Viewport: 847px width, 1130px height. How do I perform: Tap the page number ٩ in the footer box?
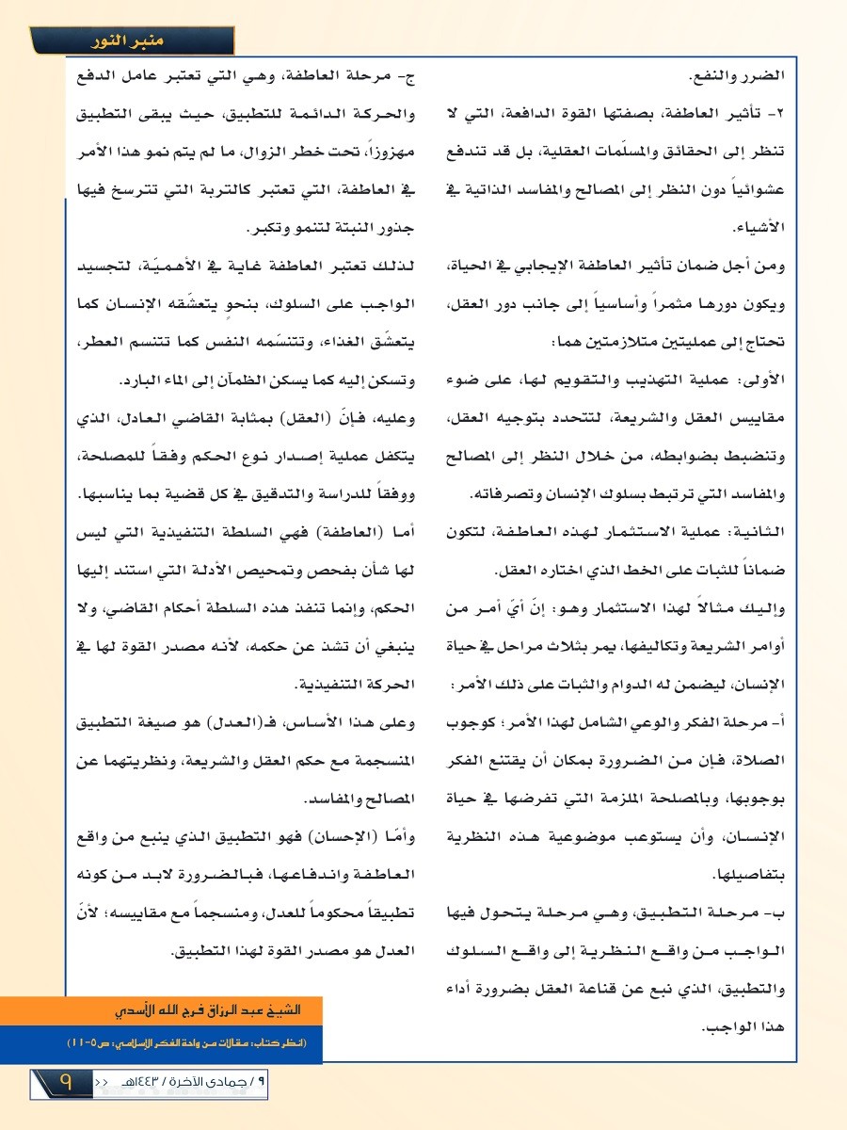[66, 1083]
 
